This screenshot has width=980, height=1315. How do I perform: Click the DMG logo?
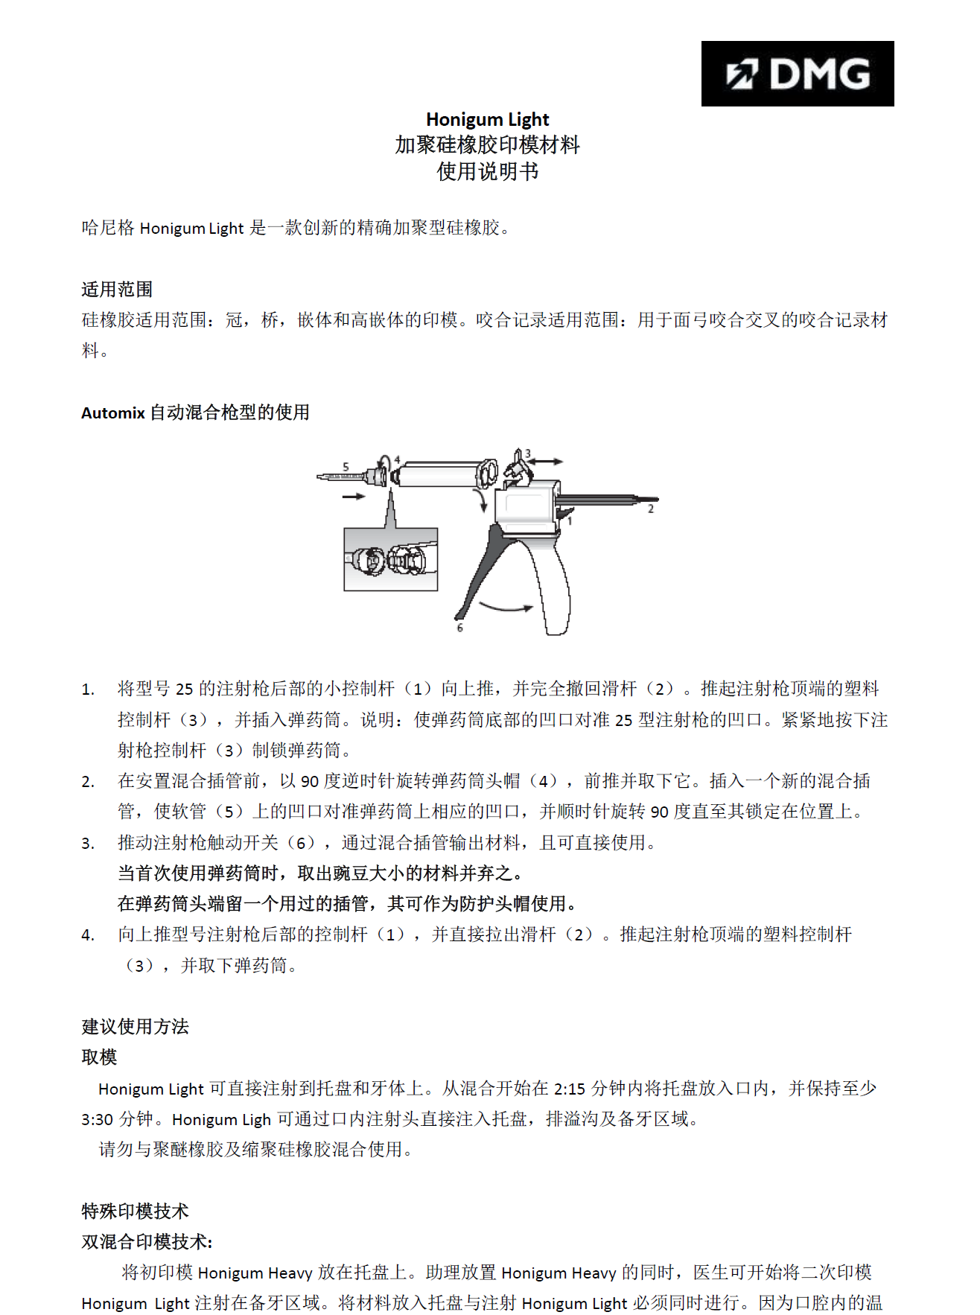[797, 74]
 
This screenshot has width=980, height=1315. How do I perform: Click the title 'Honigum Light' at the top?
[487, 119]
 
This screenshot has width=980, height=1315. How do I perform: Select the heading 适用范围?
[117, 289]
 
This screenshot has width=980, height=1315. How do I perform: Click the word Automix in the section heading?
[112, 413]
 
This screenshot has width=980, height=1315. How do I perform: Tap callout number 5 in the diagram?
[346, 466]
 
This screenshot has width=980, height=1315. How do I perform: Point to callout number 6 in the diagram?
[459, 628]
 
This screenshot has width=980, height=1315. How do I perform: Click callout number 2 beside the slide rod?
[650, 509]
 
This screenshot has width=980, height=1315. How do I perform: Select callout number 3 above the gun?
[528, 453]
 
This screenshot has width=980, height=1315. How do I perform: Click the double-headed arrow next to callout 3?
[547, 462]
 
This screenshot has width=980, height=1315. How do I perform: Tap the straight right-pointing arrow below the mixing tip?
[354, 496]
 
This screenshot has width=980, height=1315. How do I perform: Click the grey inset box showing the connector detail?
[390, 559]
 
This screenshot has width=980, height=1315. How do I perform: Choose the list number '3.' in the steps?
[88, 843]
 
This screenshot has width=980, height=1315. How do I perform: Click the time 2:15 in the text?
[570, 1089]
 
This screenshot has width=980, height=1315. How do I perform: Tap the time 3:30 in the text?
[98, 1119]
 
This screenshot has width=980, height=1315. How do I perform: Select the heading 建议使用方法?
[135, 1027]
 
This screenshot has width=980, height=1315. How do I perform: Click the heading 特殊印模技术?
[135, 1211]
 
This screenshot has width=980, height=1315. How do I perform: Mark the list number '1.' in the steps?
[88, 690]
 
